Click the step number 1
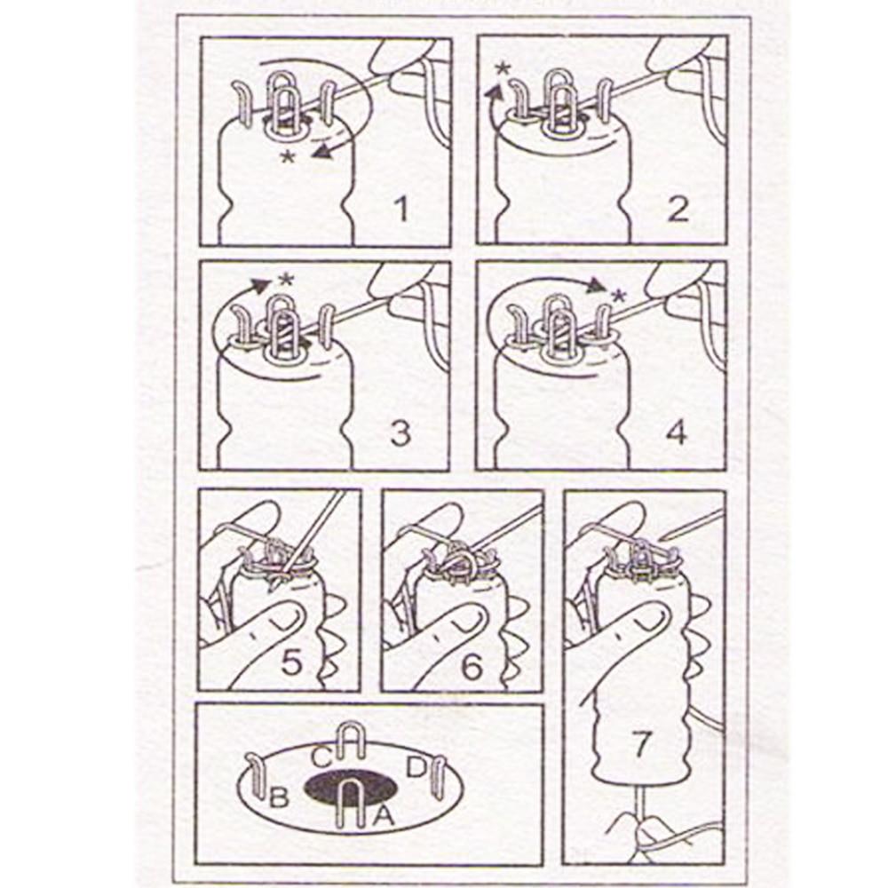[402, 210]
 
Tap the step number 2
[678, 210]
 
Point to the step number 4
[678, 433]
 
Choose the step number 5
[291, 661]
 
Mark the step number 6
[472, 666]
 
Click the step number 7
[640, 743]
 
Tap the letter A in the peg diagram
[384, 815]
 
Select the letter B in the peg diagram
[279, 797]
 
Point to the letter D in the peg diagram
[416, 767]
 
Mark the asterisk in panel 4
[621, 295]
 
